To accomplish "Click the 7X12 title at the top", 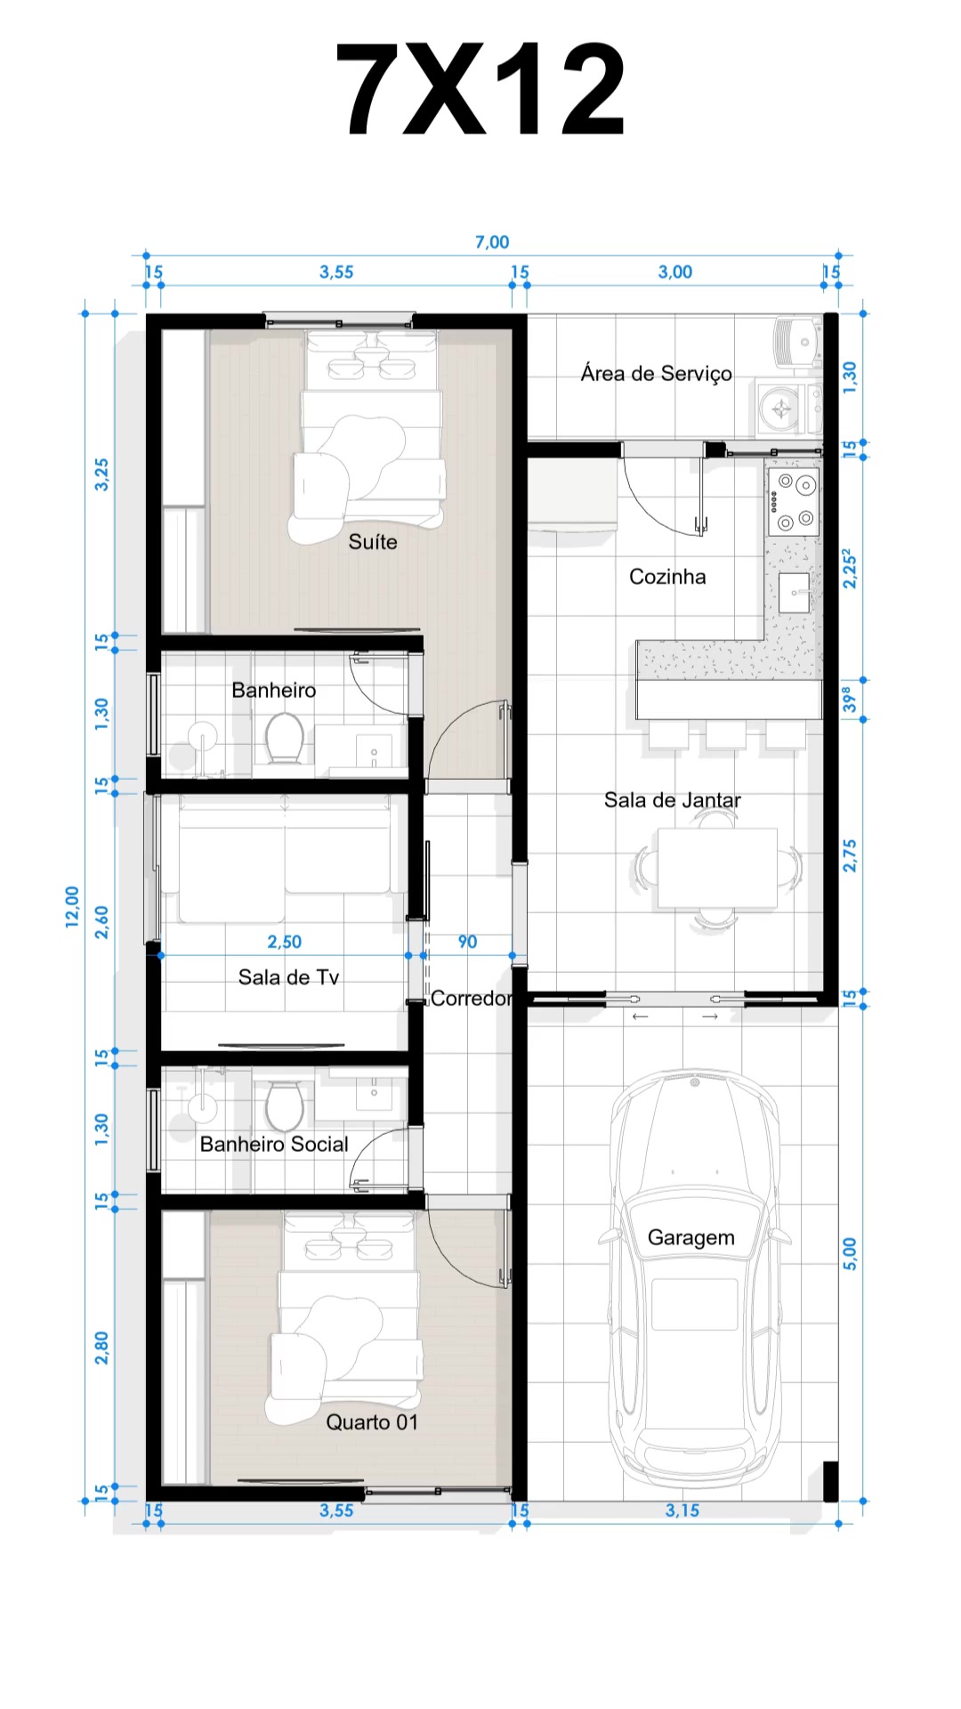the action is tap(480, 89).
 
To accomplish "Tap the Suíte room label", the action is tap(373, 542).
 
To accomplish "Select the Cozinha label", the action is tap(667, 577).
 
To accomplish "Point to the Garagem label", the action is tap(691, 1238).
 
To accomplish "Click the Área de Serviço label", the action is tap(657, 373).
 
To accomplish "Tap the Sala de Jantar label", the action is tap(673, 800).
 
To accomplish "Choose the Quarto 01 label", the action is tap(372, 1422).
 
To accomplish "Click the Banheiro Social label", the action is tap(274, 1145).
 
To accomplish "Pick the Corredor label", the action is tap(472, 999).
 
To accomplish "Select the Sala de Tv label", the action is tap(289, 977).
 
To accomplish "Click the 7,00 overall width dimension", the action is tap(492, 242).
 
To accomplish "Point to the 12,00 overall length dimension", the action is tap(72, 907).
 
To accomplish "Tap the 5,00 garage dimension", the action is tap(850, 1253).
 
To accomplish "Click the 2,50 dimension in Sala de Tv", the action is tap(285, 942).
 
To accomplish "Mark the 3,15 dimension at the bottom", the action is tap(682, 1511).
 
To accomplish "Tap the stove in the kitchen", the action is tap(794, 502).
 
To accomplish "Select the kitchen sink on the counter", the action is tap(795, 592).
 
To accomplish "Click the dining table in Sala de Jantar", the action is tap(717, 868).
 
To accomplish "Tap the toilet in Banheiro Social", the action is tap(285, 1106).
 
